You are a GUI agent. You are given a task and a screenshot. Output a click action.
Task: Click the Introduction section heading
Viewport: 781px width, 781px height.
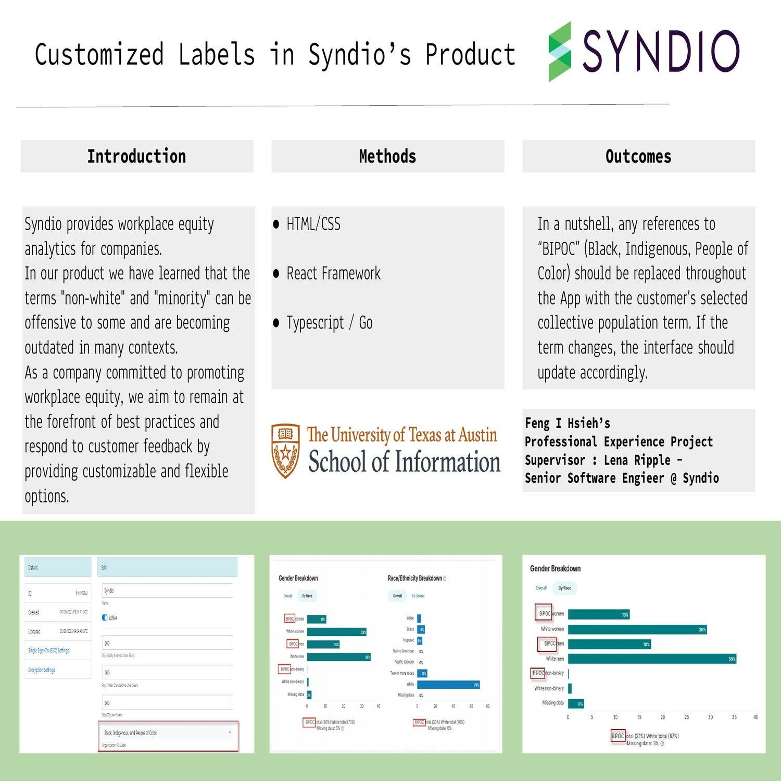136,156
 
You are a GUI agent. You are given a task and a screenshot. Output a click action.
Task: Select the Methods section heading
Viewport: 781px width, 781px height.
387,156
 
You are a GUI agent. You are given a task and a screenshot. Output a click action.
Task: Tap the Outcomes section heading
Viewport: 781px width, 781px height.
638,156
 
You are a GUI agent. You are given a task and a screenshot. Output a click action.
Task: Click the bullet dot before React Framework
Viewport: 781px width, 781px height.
276,274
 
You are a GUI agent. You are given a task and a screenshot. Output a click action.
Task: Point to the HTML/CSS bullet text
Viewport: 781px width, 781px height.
313,224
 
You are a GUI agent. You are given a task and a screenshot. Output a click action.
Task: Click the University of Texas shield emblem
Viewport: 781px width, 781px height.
285,450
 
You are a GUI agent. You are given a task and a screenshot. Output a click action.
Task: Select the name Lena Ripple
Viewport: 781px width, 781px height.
637,460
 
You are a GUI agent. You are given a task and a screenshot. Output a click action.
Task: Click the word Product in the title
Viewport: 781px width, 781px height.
470,55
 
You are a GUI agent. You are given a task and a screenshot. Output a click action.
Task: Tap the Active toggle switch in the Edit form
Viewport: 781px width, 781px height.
105,618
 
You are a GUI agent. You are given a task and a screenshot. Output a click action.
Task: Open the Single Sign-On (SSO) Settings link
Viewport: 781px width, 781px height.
48,651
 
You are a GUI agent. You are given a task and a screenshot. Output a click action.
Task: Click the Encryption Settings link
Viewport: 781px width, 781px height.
42,670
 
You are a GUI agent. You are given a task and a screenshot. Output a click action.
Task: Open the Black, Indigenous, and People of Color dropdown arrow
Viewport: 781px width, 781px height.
230,733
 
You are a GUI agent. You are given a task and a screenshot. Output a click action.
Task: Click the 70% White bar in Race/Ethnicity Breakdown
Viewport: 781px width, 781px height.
448,685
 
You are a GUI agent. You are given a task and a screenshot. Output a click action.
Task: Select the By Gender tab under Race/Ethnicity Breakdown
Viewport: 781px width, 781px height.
419,596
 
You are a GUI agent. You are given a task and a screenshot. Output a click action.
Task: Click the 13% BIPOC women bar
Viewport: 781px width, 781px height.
599,614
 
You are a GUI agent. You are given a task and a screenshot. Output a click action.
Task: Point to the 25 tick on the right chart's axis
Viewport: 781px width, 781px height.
687,717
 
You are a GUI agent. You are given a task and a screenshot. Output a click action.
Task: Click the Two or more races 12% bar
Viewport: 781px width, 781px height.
422,673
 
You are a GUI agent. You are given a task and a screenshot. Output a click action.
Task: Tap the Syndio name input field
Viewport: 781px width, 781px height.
167,591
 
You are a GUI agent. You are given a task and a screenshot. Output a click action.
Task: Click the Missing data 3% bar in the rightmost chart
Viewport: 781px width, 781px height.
576,704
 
